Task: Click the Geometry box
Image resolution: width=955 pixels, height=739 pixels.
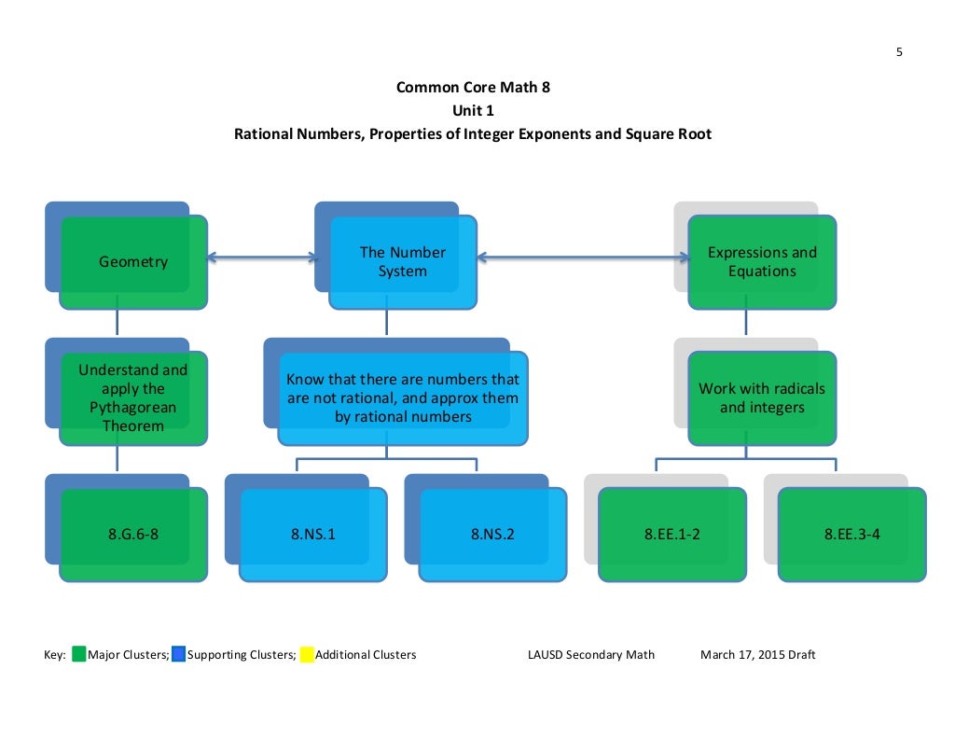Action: [x=133, y=262]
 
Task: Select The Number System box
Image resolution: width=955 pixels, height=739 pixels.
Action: [x=403, y=262]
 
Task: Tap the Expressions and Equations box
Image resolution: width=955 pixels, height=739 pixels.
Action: [x=762, y=262]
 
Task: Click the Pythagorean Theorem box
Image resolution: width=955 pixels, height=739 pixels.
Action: [x=133, y=398]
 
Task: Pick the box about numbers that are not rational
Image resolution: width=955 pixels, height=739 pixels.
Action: [x=403, y=398]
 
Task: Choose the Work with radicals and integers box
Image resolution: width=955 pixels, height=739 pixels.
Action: [x=762, y=398]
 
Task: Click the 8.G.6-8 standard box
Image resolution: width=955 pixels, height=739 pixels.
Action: [x=133, y=535]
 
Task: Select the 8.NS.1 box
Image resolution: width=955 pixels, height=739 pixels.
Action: [x=313, y=535]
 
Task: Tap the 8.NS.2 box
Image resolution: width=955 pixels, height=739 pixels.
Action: [x=492, y=535]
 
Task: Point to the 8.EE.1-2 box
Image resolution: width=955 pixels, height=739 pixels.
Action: [x=671, y=535]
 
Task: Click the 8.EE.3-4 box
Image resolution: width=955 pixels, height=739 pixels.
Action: [x=851, y=535]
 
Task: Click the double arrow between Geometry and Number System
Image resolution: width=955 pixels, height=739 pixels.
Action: [x=261, y=256]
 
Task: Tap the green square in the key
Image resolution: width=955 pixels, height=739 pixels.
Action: [x=78, y=655]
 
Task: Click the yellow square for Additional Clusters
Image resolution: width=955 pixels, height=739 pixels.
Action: [x=306, y=655]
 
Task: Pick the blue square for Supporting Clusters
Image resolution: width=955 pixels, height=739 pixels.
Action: [x=178, y=655]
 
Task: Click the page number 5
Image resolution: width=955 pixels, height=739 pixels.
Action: [x=899, y=52]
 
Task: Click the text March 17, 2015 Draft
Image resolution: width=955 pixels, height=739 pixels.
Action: [x=757, y=655]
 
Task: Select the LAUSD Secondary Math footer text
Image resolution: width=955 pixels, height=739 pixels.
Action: [x=591, y=655]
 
